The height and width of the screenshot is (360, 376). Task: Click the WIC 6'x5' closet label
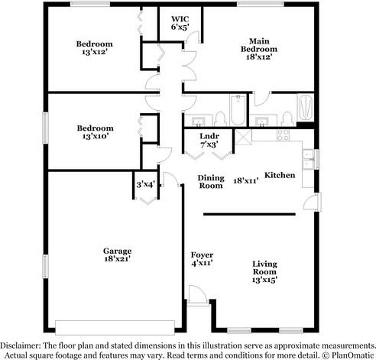180,22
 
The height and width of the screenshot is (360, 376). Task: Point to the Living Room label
264,271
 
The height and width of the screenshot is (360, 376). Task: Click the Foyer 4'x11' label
202,258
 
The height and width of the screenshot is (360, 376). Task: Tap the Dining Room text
211,181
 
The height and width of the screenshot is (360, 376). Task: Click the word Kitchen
280,176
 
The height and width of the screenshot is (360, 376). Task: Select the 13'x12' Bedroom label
94,47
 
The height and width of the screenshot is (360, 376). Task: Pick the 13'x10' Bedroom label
94,131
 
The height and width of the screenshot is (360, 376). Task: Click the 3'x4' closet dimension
145,183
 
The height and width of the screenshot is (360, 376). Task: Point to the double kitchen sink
307,160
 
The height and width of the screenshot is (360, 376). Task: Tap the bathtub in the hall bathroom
238,112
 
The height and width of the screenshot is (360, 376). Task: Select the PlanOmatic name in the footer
349,354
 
